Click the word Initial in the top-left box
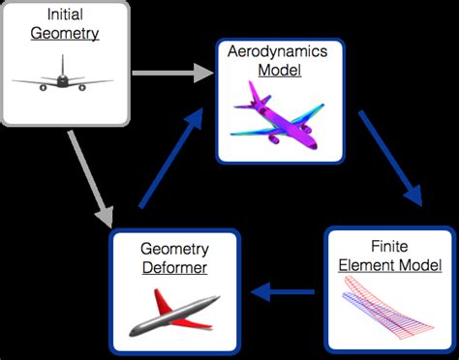click(x=63, y=15)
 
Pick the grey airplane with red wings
click(x=168, y=311)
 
